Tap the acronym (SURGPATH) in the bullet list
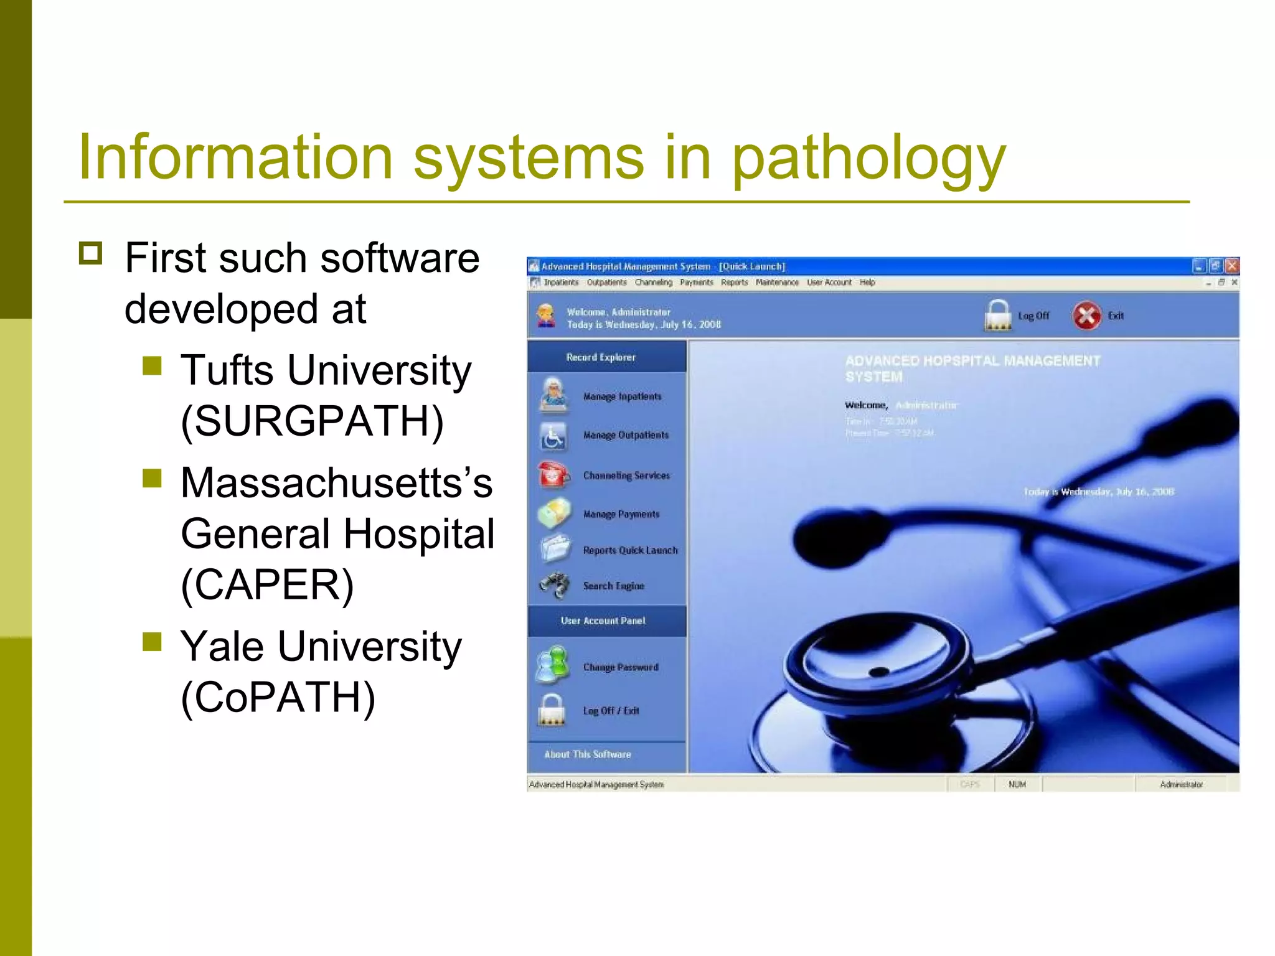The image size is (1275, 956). pyautogui.click(x=312, y=421)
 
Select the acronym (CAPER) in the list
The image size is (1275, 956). pyautogui.click(x=267, y=585)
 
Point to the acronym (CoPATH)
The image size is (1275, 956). pyautogui.click(x=278, y=697)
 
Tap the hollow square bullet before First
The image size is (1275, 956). pyautogui.click(x=91, y=253)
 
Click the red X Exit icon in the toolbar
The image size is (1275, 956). pyautogui.click(x=1086, y=316)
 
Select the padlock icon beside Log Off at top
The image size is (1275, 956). pyautogui.click(x=997, y=316)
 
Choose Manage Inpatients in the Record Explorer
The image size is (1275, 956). pyautogui.click(x=622, y=396)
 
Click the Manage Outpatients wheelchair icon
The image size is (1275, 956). pyautogui.click(x=553, y=436)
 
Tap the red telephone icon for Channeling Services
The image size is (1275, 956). pyautogui.click(x=553, y=475)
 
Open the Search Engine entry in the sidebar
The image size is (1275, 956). pyautogui.click(x=613, y=586)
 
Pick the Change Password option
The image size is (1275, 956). pyautogui.click(x=620, y=667)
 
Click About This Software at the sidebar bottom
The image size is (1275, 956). pyautogui.click(x=587, y=754)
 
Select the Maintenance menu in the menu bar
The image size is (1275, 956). pyautogui.click(x=777, y=283)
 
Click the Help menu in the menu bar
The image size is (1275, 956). pyautogui.click(x=867, y=283)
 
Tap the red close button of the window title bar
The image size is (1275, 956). pyautogui.click(x=1231, y=266)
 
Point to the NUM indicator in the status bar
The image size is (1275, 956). pyautogui.click(x=1017, y=784)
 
